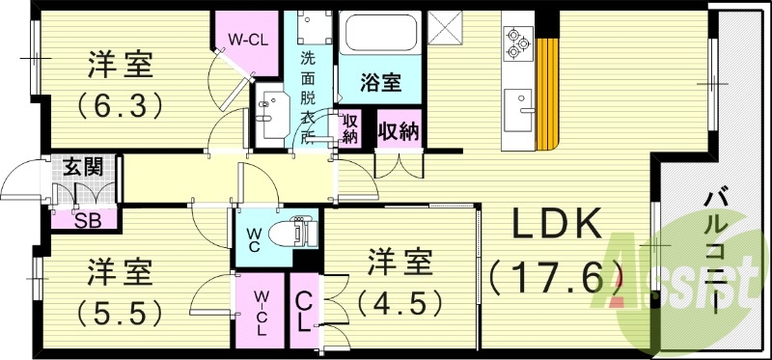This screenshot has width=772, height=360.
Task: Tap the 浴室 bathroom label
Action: [x=381, y=82]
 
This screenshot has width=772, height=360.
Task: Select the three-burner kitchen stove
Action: [x=517, y=42]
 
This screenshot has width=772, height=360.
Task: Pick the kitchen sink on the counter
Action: [x=519, y=104]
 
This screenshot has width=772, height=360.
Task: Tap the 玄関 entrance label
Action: [x=82, y=166]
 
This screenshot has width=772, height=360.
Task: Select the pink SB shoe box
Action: [x=86, y=219]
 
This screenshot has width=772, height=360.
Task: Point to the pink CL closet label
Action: [x=304, y=310]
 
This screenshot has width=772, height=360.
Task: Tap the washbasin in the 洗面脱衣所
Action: [x=271, y=105]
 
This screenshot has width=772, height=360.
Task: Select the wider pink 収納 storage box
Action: [x=398, y=129]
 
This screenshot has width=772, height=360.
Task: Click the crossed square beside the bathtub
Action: [x=447, y=25]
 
